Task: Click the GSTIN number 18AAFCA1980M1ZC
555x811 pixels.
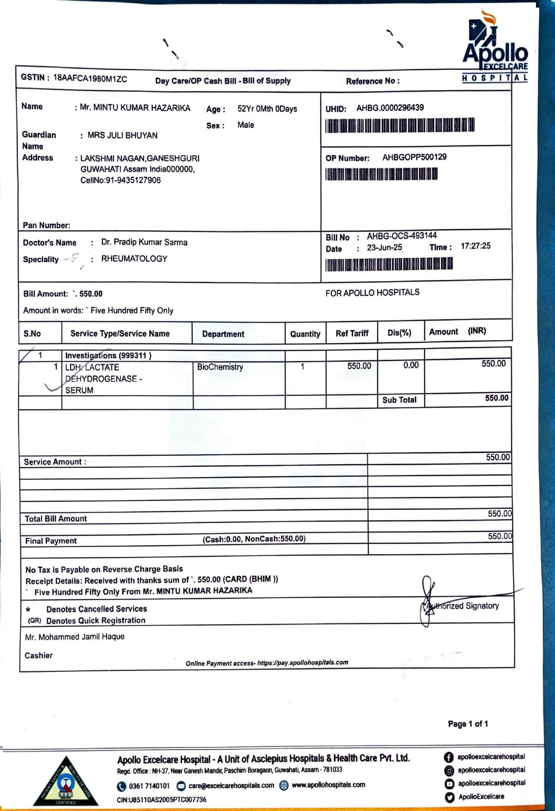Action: point(90,78)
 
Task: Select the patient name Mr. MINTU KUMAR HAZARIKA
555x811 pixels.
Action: point(135,108)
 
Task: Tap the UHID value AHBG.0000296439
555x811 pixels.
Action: point(390,108)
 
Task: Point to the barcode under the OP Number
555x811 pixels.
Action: point(381,174)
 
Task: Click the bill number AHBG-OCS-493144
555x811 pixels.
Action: point(401,236)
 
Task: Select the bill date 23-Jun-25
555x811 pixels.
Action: point(384,248)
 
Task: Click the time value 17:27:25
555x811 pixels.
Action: point(475,246)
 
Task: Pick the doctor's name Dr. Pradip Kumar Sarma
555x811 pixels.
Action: point(144,242)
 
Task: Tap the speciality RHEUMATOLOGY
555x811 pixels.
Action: point(134,259)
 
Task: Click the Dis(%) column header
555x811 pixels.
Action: point(399,333)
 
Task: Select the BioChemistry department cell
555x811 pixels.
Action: point(220,367)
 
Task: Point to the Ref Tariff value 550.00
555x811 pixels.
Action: point(359,366)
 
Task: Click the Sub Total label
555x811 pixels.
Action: point(399,400)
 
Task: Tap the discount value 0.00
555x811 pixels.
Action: point(411,366)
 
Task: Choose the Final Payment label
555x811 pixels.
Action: point(51,541)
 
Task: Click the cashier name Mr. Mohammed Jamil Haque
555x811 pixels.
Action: point(75,637)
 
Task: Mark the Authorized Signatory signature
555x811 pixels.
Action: point(428,601)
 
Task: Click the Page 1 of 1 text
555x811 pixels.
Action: point(468,724)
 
